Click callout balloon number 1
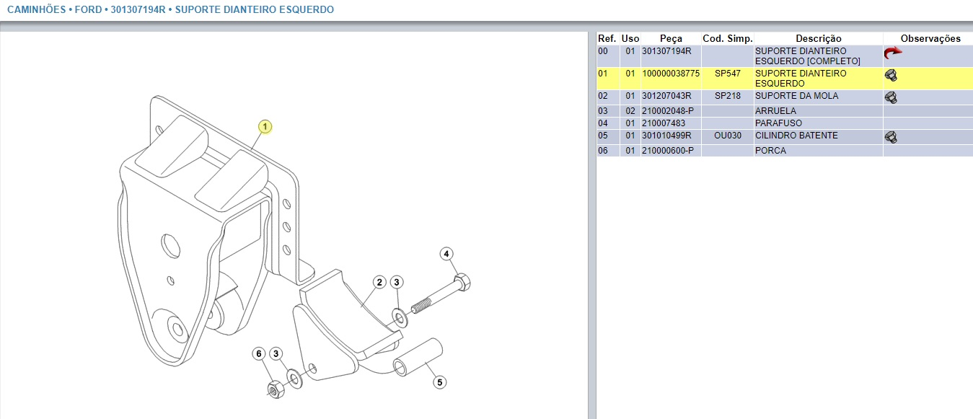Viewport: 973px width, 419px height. click(265, 127)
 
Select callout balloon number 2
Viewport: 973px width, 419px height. click(379, 282)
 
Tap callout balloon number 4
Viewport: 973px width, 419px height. click(446, 254)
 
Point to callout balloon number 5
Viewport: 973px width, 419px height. click(439, 382)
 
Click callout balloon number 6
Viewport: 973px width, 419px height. click(259, 353)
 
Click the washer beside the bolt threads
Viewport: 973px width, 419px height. click(399, 316)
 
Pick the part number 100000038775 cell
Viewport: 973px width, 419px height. click(671, 74)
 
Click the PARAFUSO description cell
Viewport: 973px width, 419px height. click(776, 123)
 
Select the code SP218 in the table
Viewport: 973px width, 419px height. click(727, 96)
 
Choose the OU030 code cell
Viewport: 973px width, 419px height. click(727, 136)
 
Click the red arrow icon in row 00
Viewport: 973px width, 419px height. click(893, 53)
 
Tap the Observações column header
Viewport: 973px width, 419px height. click(930, 38)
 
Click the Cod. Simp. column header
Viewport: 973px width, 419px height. click(727, 38)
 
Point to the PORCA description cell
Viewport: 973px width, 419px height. click(770, 151)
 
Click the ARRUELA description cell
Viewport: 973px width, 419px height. click(775, 111)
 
